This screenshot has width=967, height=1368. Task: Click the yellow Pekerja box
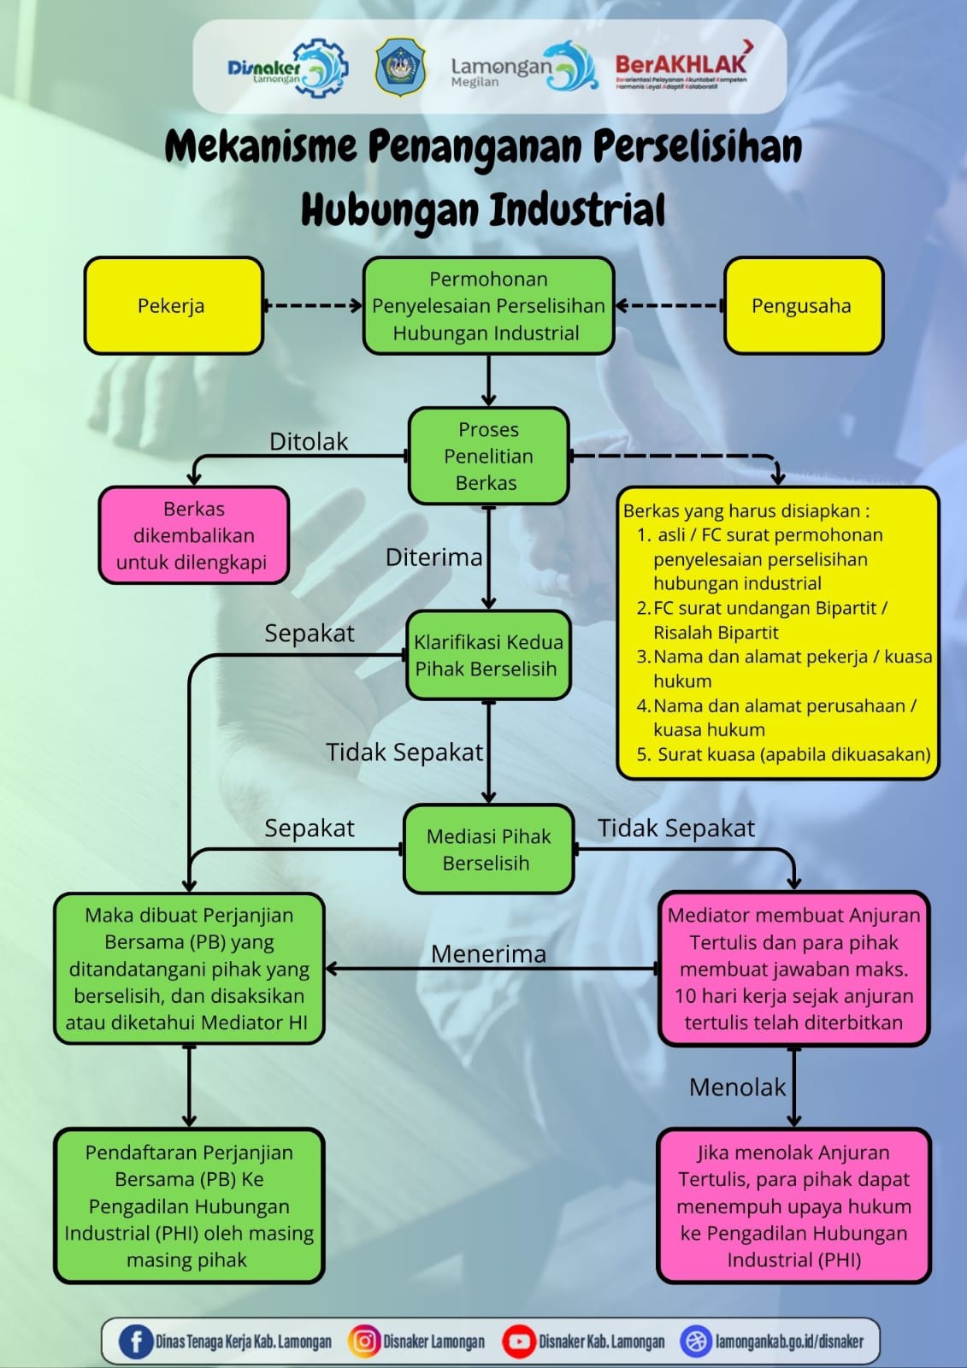coord(173,305)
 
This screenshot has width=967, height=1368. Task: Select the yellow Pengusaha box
coord(802,305)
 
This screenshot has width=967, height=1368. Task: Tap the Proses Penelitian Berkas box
coord(488,456)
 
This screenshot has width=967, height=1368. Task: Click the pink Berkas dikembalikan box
coord(193,535)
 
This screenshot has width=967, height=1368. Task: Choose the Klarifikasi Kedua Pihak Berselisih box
coord(488,655)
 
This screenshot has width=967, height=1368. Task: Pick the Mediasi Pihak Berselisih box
coord(488,849)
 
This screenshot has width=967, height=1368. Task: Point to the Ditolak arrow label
coord(309,441)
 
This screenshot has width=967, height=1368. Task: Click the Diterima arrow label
coord(433,557)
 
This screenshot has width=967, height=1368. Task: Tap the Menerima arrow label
coord(488,953)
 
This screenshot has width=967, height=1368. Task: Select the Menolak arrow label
coord(737,1087)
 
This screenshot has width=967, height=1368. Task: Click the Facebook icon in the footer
coord(135,1341)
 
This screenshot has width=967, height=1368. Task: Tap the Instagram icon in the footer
coord(363,1341)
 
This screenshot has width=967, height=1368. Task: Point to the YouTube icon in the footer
coord(518,1341)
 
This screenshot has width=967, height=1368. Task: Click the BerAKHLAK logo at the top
coord(682,65)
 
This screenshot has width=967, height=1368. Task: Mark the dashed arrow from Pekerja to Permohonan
coord(313,305)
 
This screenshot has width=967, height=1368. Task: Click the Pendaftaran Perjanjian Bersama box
coord(189,1206)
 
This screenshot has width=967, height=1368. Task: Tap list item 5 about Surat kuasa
coord(784,754)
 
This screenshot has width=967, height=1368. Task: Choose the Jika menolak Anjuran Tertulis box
coord(793,1206)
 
